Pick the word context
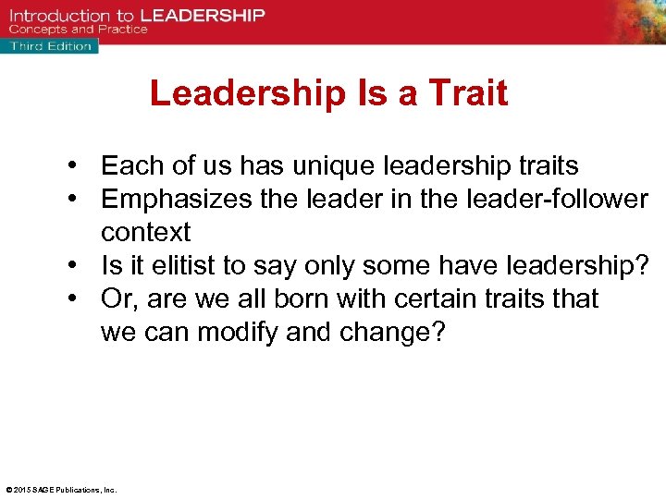click(145, 232)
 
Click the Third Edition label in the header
click(50, 46)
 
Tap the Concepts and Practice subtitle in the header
click(80, 30)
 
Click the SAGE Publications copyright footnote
click(61, 490)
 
